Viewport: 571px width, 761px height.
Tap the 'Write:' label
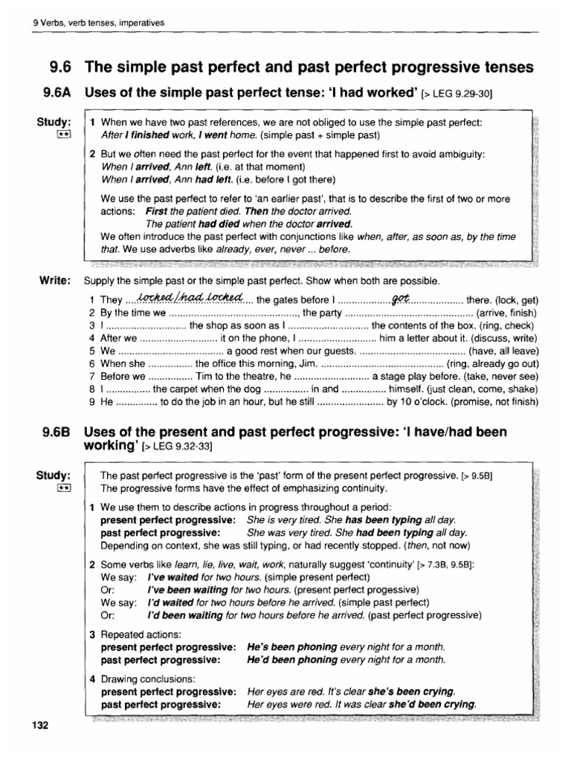pyautogui.click(x=54, y=281)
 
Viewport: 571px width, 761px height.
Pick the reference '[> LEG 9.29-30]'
pyautogui.click(x=457, y=94)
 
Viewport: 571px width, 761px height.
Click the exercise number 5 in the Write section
pyautogui.click(x=91, y=350)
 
